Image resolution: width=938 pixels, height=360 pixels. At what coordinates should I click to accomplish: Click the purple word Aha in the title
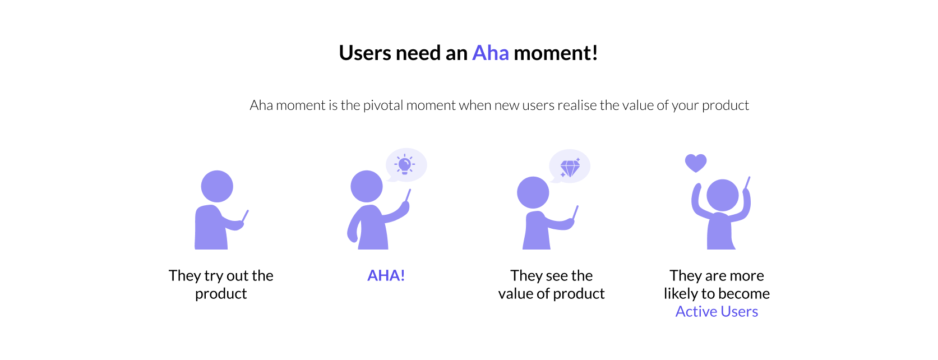pos(491,53)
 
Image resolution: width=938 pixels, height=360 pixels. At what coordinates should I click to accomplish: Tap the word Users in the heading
pos(365,53)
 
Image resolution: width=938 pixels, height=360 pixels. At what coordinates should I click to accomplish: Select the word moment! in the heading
pos(556,53)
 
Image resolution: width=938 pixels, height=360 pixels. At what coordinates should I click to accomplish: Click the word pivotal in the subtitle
pos(383,105)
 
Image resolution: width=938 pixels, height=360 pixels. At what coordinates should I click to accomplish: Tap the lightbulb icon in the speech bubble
pos(404,164)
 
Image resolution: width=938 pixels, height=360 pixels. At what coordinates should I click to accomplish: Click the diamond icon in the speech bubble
pos(570,168)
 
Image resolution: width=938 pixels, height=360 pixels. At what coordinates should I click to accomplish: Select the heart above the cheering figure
pos(696,163)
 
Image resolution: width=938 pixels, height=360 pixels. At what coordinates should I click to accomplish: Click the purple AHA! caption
pos(386,275)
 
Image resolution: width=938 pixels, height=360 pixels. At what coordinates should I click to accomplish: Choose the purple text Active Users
pos(717,311)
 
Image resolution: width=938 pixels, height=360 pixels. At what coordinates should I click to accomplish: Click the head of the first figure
pos(217,186)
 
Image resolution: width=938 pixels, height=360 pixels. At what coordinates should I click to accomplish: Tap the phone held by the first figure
pos(245,216)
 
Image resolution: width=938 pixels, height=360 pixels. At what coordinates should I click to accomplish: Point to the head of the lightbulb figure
pos(367,186)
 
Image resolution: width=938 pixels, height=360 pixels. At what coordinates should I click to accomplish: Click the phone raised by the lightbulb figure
pos(408,195)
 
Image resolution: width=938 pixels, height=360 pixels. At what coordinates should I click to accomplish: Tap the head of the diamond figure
pos(533,192)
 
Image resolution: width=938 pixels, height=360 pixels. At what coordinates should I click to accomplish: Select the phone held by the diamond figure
pos(575,212)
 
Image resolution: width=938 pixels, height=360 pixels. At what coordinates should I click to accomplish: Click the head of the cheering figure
pos(723,195)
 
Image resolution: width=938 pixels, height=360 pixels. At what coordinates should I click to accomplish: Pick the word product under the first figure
pos(221,294)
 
